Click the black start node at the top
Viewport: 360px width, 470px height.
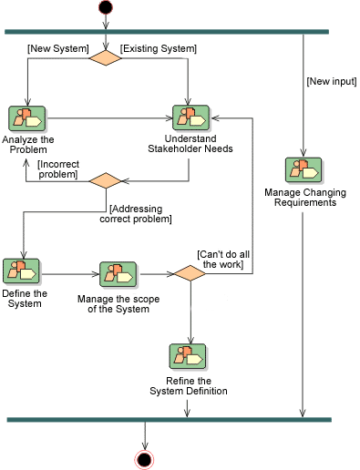pos(106,8)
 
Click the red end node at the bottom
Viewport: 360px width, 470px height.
pos(143,458)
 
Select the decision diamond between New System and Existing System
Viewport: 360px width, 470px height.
pos(106,58)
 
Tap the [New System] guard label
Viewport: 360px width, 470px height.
pos(58,47)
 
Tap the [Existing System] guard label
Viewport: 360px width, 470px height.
pos(159,47)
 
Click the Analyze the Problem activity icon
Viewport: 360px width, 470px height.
pos(27,117)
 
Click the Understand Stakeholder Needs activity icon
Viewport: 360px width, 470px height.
pos(190,117)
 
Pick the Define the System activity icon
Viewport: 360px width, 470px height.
pos(21,271)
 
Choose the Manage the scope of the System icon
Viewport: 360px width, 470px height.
pos(117,273)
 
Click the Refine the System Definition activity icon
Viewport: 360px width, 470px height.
pos(188,355)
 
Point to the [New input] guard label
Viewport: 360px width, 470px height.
pos(330,83)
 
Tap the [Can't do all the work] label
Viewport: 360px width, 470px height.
pos(221,259)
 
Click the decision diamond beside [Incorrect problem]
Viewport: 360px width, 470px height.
pos(106,179)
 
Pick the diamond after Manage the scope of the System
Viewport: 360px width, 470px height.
pos(190,272)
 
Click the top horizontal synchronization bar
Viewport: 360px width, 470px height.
pos(167,32)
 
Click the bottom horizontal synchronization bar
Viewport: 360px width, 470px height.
pos(169,419)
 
